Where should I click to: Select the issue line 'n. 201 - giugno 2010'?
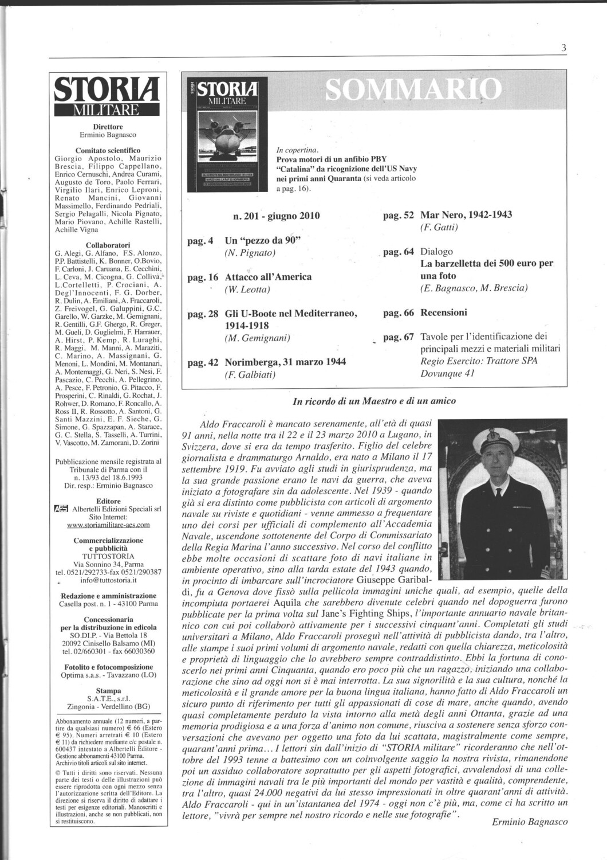[x=277, y=216]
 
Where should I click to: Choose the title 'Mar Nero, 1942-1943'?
[x=466, y=215]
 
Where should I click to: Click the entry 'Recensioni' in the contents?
[x=444, y=312]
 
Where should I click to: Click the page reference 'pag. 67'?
[x=399, y=337]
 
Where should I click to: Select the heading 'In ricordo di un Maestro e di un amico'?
[x=374, y=401]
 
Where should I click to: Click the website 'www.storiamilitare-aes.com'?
[x=108, y=524]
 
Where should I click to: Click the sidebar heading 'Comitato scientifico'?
[x=108, y=150]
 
